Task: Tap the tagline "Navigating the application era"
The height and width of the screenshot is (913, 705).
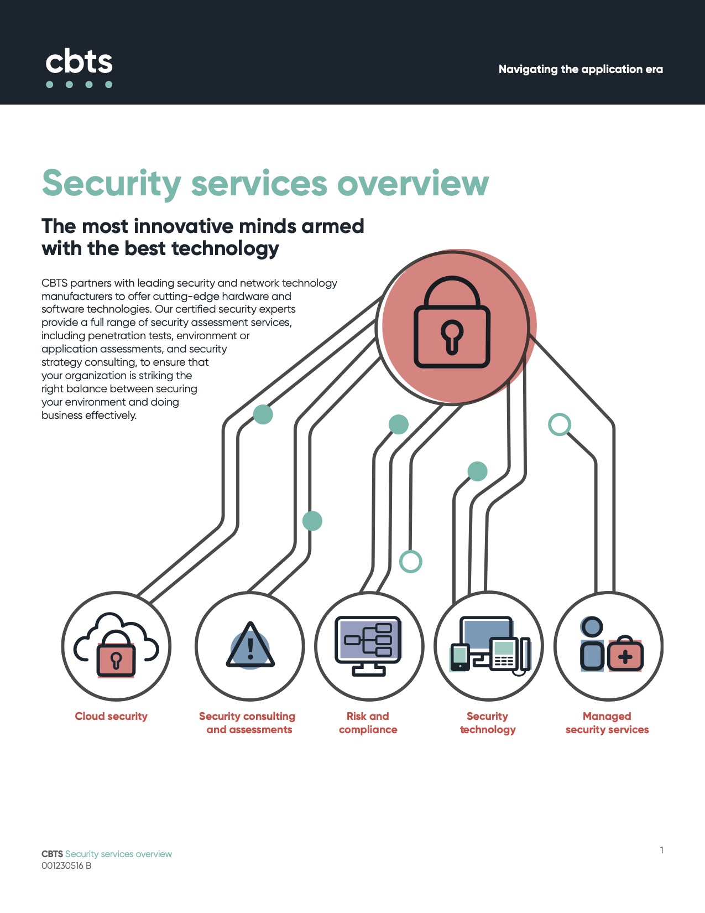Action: pos(581,69)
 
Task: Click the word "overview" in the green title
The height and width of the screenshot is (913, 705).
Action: pos(413,183)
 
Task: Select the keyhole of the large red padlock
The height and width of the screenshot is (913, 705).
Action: pos(452,335)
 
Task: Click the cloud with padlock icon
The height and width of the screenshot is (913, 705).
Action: pos(116,645)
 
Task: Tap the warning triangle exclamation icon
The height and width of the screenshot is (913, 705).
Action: pos(250,645)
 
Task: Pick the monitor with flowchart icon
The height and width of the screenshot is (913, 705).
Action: pos(368,644)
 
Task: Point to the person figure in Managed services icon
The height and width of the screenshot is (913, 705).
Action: pos(592,644)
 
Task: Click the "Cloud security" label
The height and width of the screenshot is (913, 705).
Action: pos(111,717)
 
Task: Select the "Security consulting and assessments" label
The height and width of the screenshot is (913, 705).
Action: pos(248,723)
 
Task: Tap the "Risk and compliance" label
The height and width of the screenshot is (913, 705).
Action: pos(368,723)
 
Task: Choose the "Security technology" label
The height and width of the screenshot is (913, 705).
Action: pos(488,723)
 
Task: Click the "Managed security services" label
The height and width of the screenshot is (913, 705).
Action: pos(607,723)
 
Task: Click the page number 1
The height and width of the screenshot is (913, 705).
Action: pos(662,850)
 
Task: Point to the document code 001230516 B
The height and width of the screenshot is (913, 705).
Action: pos(66,866)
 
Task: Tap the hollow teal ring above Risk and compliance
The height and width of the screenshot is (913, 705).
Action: pos(411,561)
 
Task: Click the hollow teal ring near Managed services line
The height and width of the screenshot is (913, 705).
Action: pos(560,424)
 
